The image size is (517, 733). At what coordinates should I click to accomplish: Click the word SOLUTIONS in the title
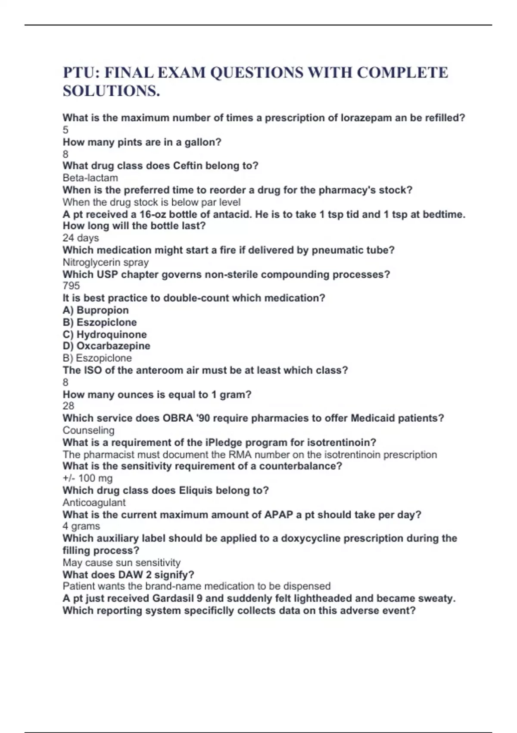click(x=111, y=91)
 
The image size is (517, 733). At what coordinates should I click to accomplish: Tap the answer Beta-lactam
click(x=90, y=178)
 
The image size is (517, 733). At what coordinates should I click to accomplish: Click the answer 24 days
click(x=81, y=238)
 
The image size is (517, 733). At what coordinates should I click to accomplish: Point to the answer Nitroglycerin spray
click(x=106, y=262)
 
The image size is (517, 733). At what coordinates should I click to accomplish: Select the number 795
click(x=71, y=285)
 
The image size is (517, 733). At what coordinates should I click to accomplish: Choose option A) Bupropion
click(x=96, y=310)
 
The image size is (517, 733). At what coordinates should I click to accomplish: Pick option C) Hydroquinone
click(x=105, y=334)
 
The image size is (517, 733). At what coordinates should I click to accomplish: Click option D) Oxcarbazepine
click(x=106, y=346)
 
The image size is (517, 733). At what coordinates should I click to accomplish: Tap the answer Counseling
click(x=88, y=430)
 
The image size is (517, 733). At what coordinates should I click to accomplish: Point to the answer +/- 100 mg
click(x=87, y=478)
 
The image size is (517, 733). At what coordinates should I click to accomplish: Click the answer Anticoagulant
click(x=94, y=502)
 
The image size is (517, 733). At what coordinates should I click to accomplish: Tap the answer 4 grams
click(x=81, y=526)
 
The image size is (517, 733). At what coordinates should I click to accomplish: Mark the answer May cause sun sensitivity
click(x=121, y=562)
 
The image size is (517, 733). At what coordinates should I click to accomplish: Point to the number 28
click(x=68, y=406)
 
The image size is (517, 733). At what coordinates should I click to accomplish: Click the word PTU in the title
click(x=81, y=72)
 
